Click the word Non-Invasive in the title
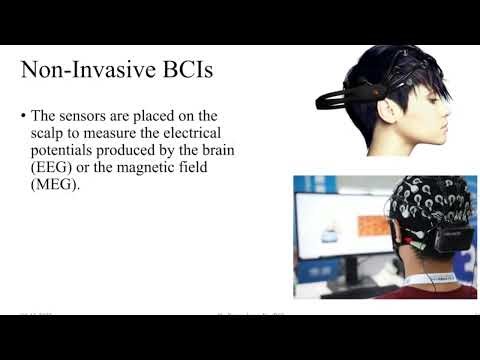pyautogui.click(x=80, y=72)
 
